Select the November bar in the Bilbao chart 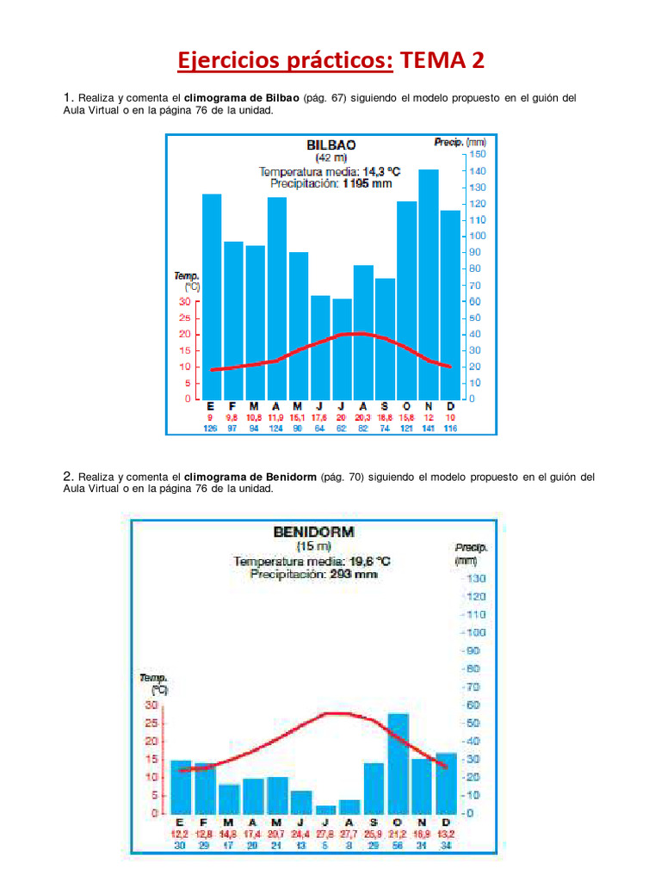click(429, 284)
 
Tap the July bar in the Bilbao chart click(342, 348)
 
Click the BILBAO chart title click(331, 145)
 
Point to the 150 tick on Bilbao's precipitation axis click(478, 154)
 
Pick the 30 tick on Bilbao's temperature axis click(185, 302)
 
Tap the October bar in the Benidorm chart click(398, 763)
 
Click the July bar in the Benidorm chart click(326, 810)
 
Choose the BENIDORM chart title click(313, 532)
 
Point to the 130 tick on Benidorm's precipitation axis click(476, 578)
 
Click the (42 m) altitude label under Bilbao click(330, 158)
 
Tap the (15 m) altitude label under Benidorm click(313, 546)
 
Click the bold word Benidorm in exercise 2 click(288, 477)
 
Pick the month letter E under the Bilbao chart click(211, 406)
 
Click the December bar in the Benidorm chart click(447, 783)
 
